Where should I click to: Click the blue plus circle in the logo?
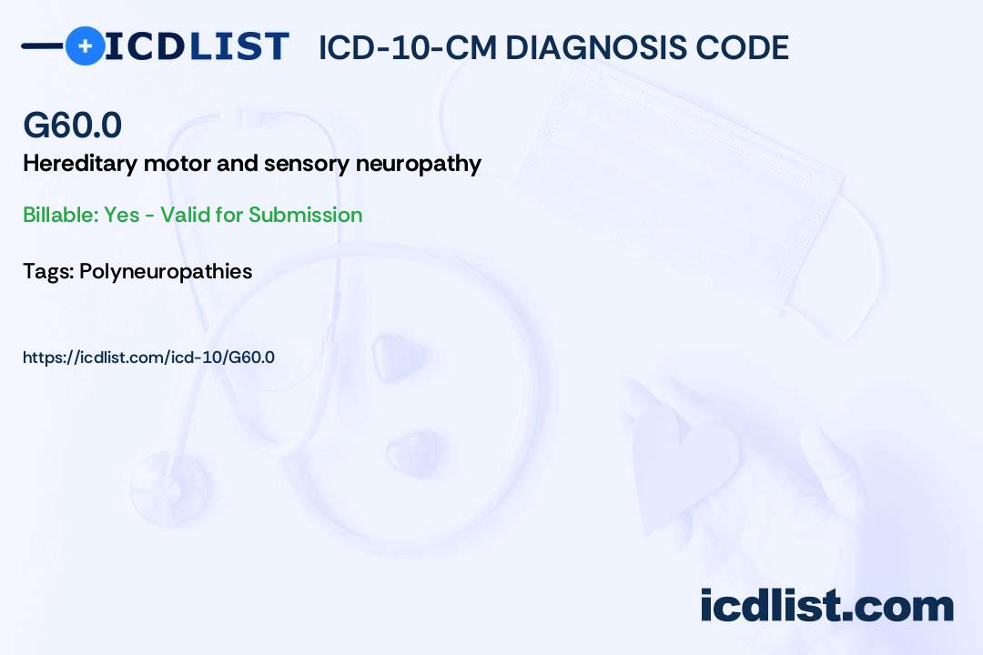85,45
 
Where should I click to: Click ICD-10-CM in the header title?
407,48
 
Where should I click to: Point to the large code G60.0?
72,126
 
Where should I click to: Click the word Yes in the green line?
121,215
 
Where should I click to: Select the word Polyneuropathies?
166,271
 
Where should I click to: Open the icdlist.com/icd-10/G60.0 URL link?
148,358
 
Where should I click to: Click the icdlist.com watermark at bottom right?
826,606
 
